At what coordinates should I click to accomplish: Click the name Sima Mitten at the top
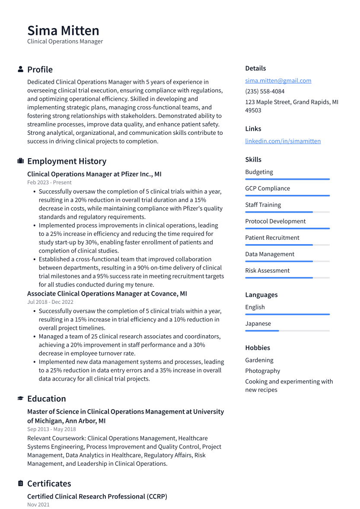(x=63, y=31)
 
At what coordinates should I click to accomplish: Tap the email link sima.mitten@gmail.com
(x=278, y=81)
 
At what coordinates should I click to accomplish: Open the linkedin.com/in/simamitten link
(x=283, y=141)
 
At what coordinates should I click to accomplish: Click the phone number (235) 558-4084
(x=264, y=92)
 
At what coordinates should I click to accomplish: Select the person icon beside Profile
(x=20, y=70)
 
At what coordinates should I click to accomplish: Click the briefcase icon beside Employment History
(x=20, y=161)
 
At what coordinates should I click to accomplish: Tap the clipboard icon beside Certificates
(x=20, y=484)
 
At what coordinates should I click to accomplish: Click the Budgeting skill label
(x=259, y=172)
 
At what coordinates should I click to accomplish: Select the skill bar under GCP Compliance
(x=287, y=196)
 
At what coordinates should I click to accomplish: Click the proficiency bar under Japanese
(x=287, y=331)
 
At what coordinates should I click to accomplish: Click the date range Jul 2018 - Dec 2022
(x=50, y=302)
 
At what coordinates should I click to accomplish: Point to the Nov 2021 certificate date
(x=38, y=505)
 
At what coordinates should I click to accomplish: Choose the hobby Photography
(x=262, y=371)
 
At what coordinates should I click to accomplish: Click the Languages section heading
(x=261, y=295)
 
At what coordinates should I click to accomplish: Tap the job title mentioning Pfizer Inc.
(x=94, y=174)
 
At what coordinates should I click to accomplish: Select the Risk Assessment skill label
(x=267, y=270)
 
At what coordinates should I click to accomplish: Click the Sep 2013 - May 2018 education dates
(x=51, y=429)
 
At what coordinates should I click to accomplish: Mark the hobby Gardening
(x=259, y=360)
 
